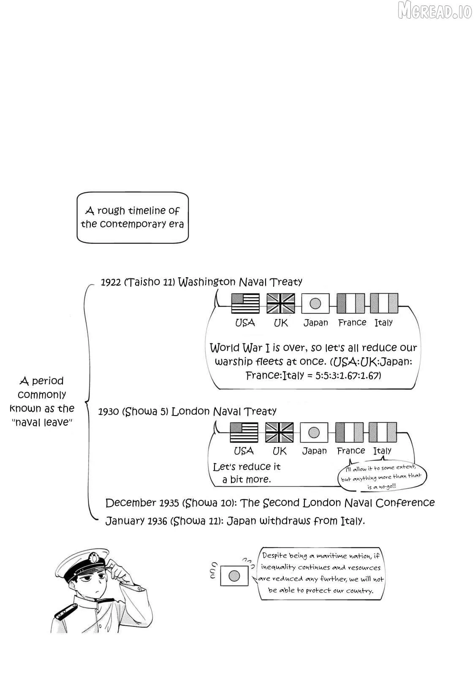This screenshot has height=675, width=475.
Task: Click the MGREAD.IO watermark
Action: tap(434, 11)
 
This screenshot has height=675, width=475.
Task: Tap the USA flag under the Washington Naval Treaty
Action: tap(245, 303)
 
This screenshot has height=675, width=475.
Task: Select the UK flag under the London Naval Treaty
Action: tap(279, 432)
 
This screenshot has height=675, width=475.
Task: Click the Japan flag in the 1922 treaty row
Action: tap(315, 303)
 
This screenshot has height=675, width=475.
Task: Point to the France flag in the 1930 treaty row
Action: tap(349, 432)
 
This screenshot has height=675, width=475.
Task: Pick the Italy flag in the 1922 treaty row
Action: tap(384, 303)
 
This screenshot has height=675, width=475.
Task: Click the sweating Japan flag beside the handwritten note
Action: tap(234, 576)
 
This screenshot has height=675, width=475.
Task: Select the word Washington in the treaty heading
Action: tap(206, 282)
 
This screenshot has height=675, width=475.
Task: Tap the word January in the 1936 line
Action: tap(125, 521)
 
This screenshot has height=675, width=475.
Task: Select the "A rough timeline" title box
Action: tap(133, 218)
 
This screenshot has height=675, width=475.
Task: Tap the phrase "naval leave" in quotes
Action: tap(42, 422)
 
